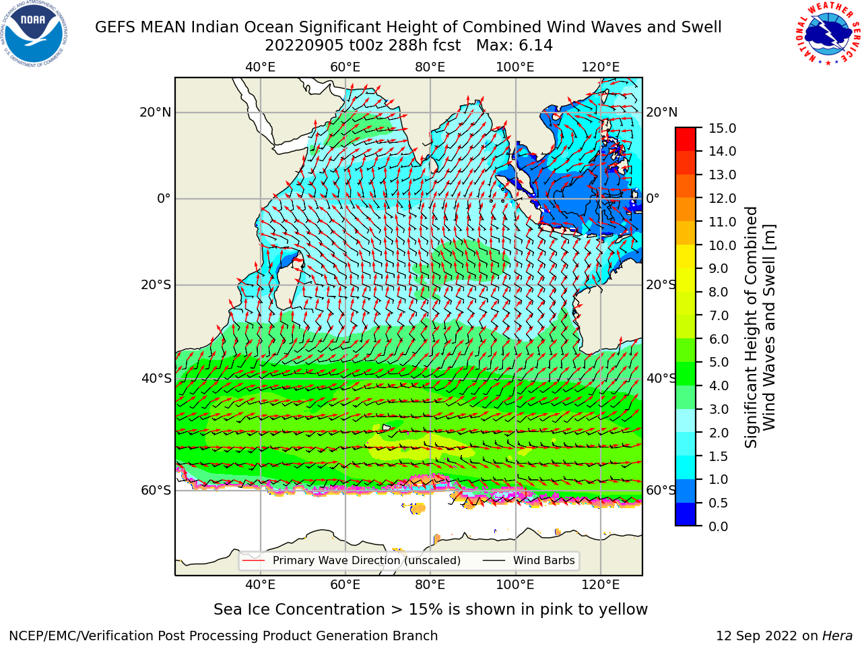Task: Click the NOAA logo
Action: point(34,34)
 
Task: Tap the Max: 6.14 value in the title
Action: point(514,46)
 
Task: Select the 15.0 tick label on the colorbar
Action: point(722,128)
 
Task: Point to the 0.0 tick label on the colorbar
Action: point(719,526)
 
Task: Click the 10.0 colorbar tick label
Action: point(722,245)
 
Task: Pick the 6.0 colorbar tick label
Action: point(719,339)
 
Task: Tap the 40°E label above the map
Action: point(261,67)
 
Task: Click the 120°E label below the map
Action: point(601,585)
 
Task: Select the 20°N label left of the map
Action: point(156,113)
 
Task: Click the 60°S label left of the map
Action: point(156,491)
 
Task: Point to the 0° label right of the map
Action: point(653,198)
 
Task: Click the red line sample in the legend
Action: point(254,561)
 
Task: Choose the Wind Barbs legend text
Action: point(544,561)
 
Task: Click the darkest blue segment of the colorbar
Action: point(686,515)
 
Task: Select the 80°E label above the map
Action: point(430,67)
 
